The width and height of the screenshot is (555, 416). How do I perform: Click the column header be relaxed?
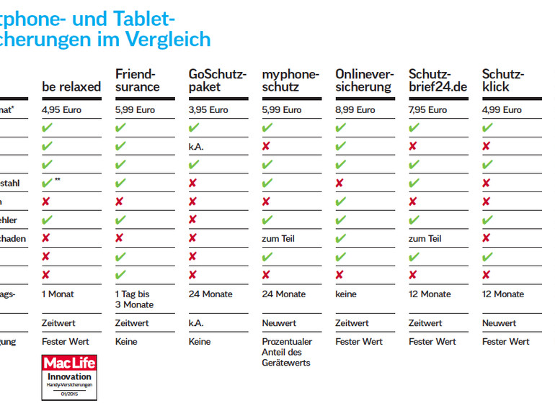point(71,87)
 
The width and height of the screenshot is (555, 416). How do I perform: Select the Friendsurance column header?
point(138,81)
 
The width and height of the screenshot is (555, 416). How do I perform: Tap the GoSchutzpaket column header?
point(218,81)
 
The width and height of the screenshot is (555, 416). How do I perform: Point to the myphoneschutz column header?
point(290,81)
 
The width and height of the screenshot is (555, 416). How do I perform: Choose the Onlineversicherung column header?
point(364,81)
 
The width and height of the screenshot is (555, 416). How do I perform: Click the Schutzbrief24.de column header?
point(437,81)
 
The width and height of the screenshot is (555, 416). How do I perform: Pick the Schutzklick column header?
point(503,81)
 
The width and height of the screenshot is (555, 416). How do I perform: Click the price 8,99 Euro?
point(355,110)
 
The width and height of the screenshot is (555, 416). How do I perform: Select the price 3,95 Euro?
point(208,110)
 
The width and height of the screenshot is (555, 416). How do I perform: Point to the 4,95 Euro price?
point(62,110)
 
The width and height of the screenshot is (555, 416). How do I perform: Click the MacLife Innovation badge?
point(69,376)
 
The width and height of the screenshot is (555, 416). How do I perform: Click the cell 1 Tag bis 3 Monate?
point(135,299)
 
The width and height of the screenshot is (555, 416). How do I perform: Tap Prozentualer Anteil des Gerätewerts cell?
point(286,352)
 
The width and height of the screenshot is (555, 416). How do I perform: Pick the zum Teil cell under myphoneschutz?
point(278,238)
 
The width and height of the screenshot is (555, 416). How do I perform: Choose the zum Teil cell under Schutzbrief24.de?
point(425,238)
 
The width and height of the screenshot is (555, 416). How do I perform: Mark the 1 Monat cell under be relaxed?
point(58,294)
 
